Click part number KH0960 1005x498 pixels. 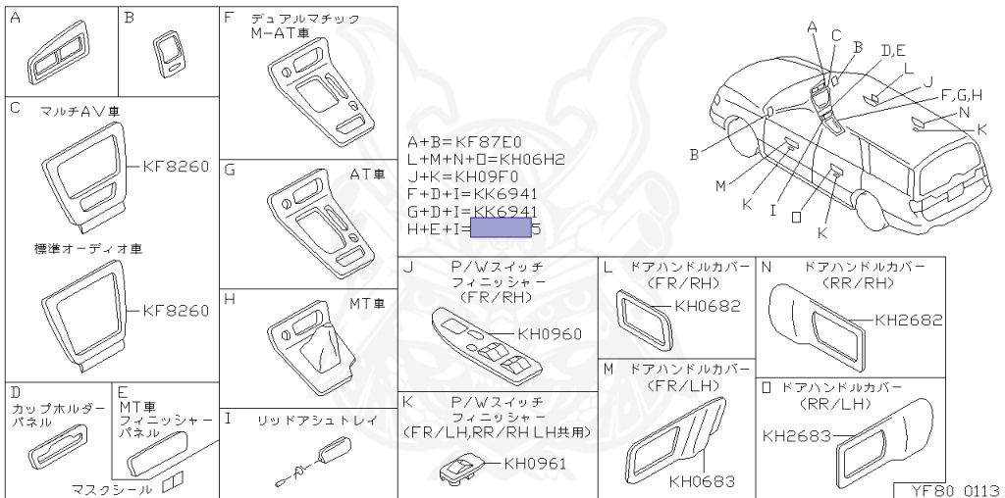pos(550,334)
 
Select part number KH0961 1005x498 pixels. pos(535,464)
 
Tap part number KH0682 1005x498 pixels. pos(708,306)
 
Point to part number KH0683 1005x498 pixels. pos(702,481)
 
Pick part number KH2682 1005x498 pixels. pos(908,320)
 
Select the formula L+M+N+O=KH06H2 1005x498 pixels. pos(486,159)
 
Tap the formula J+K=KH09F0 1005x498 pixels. pos(463,176)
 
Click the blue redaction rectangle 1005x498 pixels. pos(501,230)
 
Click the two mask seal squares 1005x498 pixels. pos(173,481)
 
